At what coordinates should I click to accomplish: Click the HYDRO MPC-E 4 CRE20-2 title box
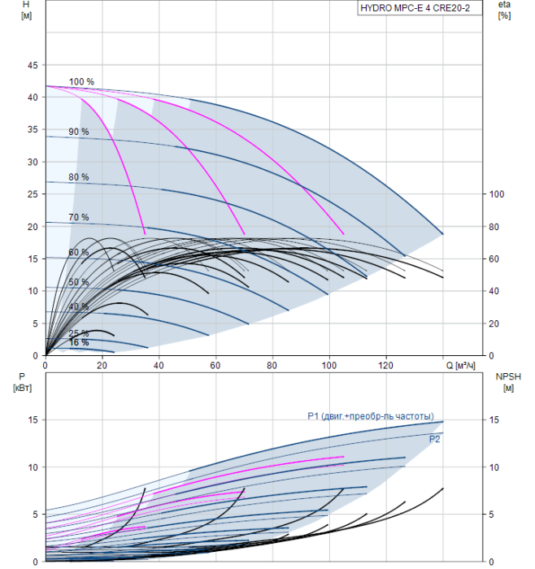click(420, 8)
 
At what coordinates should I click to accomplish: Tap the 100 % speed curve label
click(81, 81)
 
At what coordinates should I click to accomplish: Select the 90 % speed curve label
click(78, 132)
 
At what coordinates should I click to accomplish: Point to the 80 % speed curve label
click(78, 177)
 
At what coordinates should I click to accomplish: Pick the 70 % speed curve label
click(78, 217)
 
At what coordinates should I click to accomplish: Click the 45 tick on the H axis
click(33, 65)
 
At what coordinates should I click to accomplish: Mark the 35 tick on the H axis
click(33, 129)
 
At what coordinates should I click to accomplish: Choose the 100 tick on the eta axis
click(497, 194)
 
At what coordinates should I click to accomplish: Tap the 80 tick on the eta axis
click(494, 227)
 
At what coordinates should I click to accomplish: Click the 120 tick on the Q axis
click(386, 366)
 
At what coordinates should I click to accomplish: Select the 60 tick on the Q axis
click(215, 366)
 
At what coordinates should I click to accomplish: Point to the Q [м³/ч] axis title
click(460, 366)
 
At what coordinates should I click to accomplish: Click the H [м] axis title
click(26, 10)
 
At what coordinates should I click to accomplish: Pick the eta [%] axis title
click(505, 10)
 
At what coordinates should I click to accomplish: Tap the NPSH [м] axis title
click(508, 383)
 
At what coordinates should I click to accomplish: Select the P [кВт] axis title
click(22, 383)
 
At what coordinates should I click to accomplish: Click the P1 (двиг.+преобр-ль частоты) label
click(371, 416)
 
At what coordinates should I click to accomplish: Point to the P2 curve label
click(434, 440)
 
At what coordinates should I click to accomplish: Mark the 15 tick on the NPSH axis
click(494, 420)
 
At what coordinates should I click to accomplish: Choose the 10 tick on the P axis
click(33, 467)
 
